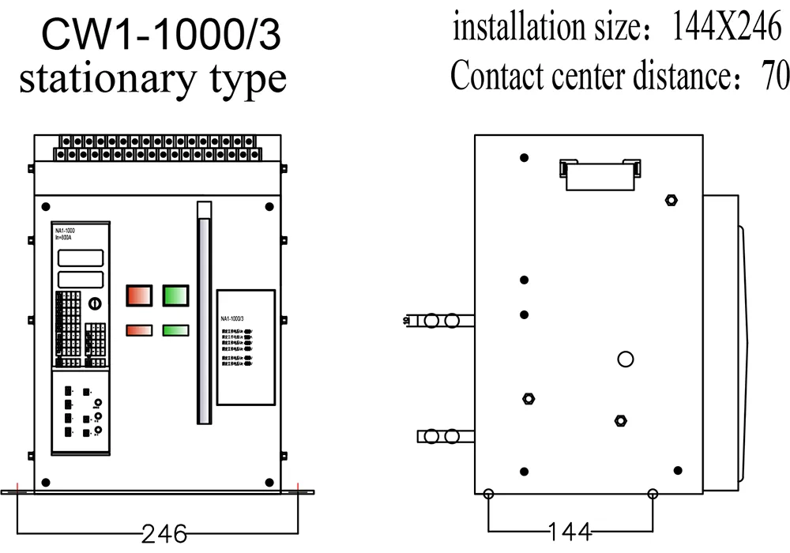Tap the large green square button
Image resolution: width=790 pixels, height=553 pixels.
pyautogui.click(x=175, y=295)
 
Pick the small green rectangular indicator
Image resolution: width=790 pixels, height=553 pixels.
pyautogui.click(x=175, y=330)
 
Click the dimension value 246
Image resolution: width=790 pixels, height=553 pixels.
pyautogui.click(x=164, y=534)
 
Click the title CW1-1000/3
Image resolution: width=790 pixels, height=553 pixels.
pyautogui.click(x=160, y=36)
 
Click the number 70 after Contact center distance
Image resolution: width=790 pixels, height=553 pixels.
pyautogui.click(x=775, y=77)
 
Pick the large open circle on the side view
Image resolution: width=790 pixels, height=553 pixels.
pyautogui.click(x=626, y=360)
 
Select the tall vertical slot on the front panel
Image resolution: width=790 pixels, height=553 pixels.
pyautogui.click(x=205, y=320)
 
